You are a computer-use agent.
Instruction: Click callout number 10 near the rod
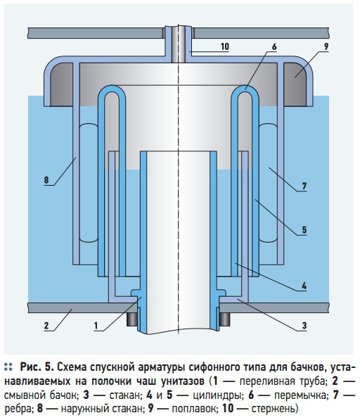225,46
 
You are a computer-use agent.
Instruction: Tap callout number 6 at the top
274,46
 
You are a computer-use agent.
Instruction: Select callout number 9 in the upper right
326,46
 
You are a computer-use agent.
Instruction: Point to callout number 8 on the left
46,179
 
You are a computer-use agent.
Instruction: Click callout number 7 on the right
304,186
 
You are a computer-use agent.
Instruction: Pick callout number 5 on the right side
304,230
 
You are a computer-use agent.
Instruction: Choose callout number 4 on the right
304,286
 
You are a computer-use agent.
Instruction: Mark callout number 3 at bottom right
304,326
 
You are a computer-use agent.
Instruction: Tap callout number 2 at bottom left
46,326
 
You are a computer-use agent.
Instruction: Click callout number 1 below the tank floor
96,326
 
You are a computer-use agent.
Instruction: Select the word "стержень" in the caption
273,409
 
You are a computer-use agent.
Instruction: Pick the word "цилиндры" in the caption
217,395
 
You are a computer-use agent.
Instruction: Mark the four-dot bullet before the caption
8,367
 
